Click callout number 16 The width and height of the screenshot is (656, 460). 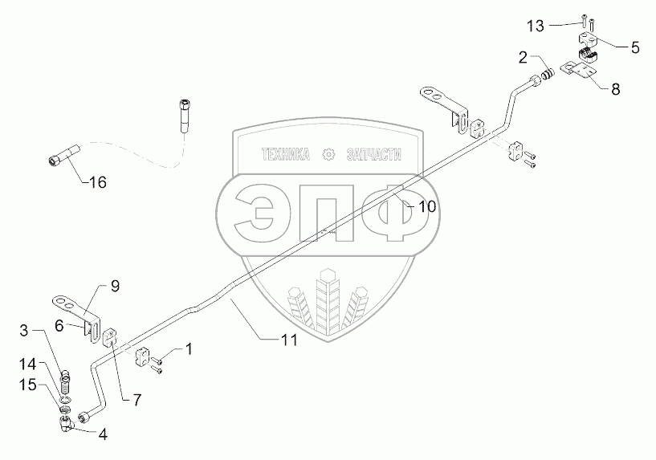tap(97, 183)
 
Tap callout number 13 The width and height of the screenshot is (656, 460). tap(536, 26)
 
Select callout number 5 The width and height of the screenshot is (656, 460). tap(634, 47)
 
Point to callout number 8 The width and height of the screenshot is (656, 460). tap(616, 89)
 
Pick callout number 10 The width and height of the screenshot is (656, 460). tap(426, 206)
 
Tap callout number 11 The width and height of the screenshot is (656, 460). tap(289, 340)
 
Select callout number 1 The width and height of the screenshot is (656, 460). tap(189, 350)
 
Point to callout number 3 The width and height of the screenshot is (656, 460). tap(25, 330)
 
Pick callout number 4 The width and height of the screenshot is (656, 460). tap(103, 435)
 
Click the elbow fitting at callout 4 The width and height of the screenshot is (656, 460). tap(65, 423)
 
